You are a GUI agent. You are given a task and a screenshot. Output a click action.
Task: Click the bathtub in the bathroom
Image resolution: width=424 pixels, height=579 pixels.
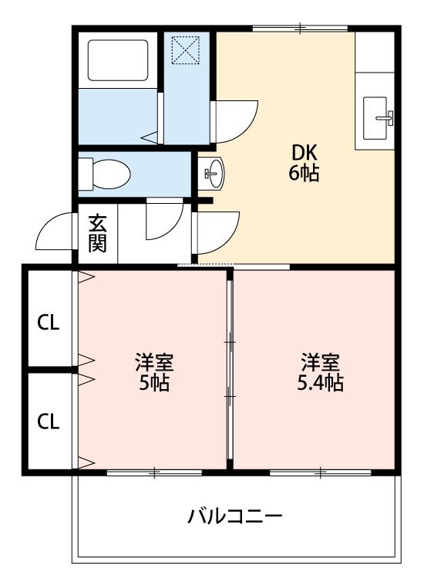click(118, 60)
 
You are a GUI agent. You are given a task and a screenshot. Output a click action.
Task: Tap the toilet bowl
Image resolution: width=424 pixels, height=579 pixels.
click(105, 174)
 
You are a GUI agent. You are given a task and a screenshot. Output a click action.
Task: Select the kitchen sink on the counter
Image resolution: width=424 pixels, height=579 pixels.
click(375, 118)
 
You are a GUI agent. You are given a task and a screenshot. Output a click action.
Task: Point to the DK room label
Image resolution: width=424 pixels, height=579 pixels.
click(305, 153)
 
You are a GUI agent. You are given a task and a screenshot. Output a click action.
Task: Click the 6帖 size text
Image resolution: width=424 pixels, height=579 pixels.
click(305, 172)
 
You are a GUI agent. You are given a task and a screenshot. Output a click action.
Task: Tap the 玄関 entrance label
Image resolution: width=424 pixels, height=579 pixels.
click(98, 232)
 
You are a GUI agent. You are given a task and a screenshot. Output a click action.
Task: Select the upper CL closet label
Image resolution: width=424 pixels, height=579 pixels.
click(49, 323)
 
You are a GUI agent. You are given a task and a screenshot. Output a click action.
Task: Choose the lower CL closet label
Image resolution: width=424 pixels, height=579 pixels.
click(49, 422)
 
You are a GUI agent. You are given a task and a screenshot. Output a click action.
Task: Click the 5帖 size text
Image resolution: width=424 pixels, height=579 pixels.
click(154, 383)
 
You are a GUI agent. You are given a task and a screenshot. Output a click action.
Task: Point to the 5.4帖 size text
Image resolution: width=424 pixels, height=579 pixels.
click(321, 383)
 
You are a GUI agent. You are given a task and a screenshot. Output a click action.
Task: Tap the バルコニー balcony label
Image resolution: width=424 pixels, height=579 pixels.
click(235, 516)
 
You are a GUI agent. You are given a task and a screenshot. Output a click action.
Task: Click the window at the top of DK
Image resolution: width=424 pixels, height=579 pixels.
click(300, 28)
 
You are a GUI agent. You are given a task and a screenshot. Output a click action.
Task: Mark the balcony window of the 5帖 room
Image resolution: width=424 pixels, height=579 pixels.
click(154, 472)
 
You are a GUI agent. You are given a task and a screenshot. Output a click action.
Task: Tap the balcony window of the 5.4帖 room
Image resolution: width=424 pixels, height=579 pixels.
click(321, 472)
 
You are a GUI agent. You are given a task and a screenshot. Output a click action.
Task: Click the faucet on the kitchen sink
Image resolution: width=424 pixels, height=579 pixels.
click(385, 118)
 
